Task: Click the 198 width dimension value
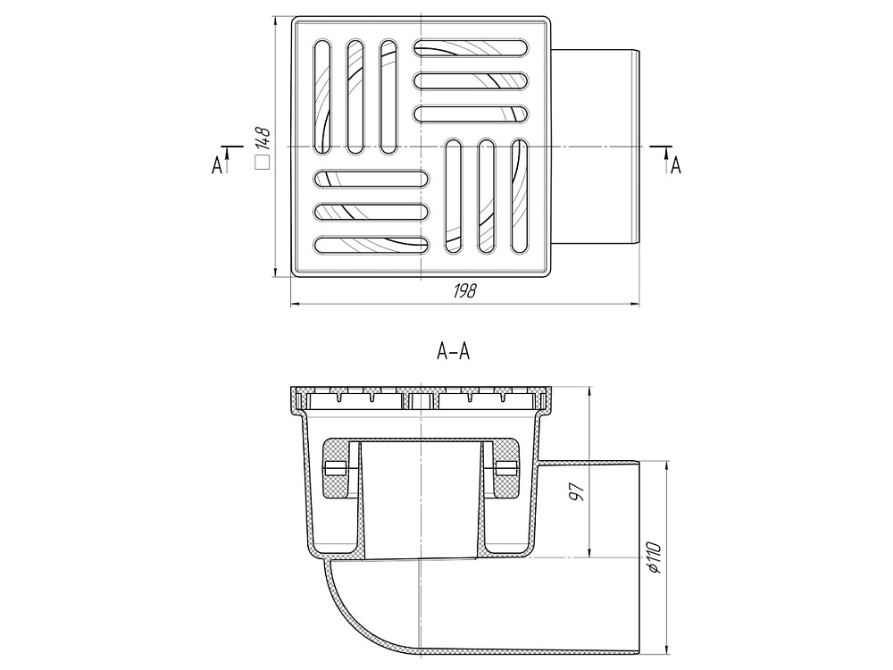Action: (464, 291)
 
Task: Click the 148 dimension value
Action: (262, 138)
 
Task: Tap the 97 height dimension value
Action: (576, 491)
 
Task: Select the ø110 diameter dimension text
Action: (654, 557)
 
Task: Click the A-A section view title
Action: (453, 351)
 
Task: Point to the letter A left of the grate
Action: (216, 166)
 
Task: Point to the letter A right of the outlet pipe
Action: (675, 166)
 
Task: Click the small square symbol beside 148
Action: (262, 163)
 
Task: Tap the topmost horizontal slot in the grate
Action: (471, 47)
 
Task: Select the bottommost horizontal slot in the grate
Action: (371, 245)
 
